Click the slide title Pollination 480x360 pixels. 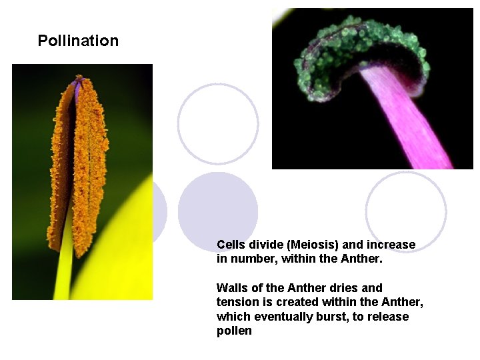pos(78,41)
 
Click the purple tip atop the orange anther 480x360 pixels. pos(79,81)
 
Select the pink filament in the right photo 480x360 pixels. pos(407,120)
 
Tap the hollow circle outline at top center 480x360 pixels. pos(218,124)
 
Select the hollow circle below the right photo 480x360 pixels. pos(405,211)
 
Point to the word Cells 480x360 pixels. pos(231,245)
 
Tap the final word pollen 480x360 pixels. pos(234,331)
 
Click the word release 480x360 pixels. pos(389,317)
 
